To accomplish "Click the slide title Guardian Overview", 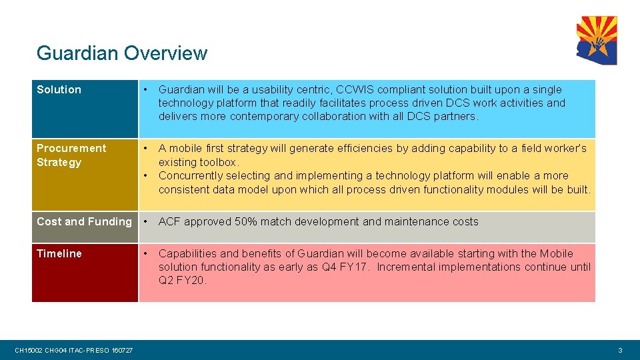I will (x=122, y=53).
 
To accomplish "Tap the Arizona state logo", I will (x=597, y=40).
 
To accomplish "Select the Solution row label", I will (x=59, y=90).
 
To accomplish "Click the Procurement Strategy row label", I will (x=71, y=155).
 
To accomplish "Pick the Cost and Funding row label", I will (x=84, y=221).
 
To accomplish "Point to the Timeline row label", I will (x=59, y=253).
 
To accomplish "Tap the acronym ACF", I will (x=169, y=221).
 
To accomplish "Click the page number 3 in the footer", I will (x=620, y=351).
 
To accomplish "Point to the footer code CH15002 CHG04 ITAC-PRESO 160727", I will (x=73, y=351).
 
